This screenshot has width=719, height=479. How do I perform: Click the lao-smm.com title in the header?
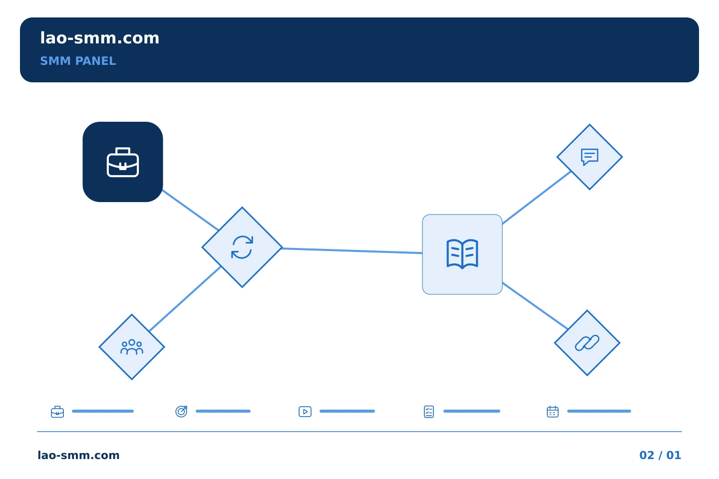99,38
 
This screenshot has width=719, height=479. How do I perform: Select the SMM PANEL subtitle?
78,61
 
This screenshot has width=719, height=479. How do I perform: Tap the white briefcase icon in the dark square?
123,162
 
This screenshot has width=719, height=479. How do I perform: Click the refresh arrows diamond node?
242,247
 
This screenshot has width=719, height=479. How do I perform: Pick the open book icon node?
462,254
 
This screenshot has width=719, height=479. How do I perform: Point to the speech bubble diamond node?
590,157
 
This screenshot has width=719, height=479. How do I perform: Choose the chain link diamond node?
587,343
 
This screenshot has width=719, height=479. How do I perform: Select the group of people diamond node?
132,347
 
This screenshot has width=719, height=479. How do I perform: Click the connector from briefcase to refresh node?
191,210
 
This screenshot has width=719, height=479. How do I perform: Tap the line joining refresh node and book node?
353,250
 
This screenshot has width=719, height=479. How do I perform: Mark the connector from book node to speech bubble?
537,197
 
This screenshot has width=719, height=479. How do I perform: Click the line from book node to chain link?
535,306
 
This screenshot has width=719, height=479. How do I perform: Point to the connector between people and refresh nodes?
185,299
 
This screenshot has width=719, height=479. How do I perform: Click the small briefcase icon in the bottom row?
57,412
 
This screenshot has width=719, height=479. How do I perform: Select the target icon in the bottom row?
181,412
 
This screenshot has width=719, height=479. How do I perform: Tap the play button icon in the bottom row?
305,412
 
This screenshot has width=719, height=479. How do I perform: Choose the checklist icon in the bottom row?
429,412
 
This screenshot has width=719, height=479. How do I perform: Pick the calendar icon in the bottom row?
553,412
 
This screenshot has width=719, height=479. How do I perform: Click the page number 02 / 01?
660,455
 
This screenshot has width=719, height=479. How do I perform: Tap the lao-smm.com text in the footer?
79,455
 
